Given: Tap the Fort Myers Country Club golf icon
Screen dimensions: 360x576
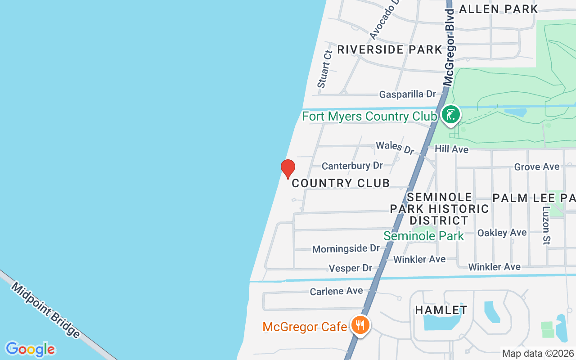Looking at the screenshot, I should click(x=450, y=115).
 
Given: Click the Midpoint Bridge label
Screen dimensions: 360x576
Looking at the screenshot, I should click(x=45, y=310).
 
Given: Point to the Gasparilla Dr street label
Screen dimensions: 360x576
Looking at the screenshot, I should click(x=408, y=94).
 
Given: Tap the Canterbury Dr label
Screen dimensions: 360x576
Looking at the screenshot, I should click(x=352, y=166).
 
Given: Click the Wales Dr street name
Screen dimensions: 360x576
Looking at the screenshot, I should click(x=395, y=147).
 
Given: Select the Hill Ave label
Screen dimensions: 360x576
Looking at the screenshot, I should click(x=451, y=149).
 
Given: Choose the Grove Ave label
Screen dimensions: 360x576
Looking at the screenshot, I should click(x=537, y=167).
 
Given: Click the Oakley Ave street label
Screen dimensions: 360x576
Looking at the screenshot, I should click(x=502, y=233).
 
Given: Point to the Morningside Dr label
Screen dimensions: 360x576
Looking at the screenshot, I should click(x=346, y=248).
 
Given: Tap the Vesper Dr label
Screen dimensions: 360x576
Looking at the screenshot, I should click(x=351, y=268).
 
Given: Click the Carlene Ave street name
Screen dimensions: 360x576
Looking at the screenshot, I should click(x=336, y=291).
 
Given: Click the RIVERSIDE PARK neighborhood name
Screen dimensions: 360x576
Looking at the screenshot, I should click(x=390, y=49).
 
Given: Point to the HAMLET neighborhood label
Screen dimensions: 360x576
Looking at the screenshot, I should click(x=441, y=310).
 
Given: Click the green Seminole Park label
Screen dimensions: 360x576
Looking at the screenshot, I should click(x=423, y=236).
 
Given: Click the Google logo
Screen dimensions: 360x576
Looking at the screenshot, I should click(x=30, y=349).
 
